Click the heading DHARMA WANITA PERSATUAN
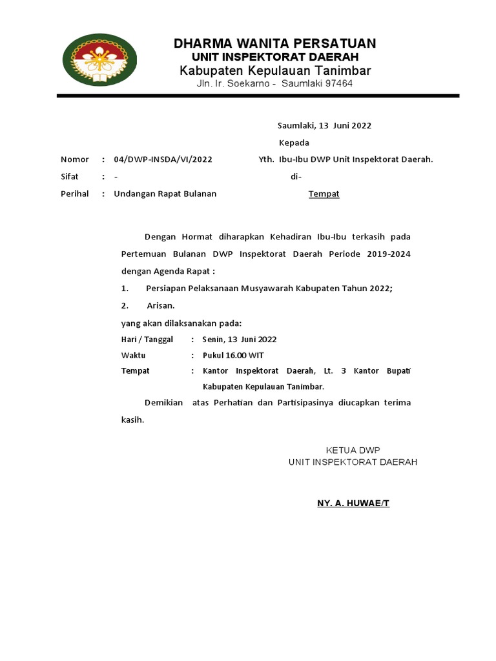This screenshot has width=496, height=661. point(274,44)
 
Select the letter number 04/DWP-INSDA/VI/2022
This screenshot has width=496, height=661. point(163,159)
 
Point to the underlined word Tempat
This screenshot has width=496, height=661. point(324,194)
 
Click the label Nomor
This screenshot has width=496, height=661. point(74,159)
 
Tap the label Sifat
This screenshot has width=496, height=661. point(69,176)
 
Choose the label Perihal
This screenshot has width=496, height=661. point(74,194)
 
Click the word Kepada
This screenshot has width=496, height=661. point(294,143)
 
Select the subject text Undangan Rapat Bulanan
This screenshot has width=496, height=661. point(165,194)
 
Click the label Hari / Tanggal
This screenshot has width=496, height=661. point(148,339)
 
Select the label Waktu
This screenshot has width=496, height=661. point(134,355)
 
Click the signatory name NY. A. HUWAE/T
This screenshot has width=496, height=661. point(353,503)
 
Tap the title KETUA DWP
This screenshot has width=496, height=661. point(353,450)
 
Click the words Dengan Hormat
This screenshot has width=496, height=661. point(169,237)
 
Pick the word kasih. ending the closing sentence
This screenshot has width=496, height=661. point(133,420)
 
